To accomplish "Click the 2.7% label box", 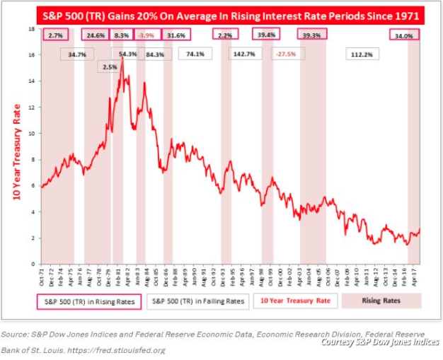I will (x=57, y=35).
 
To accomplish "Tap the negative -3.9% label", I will (x=147, y=35).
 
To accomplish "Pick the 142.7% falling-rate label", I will (x=244, y=54).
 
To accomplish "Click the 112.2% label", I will (x=362, y=54).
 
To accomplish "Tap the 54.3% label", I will (x=128, y=54).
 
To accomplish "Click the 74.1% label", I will (x=195, y=54).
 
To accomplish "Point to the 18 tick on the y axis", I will (x=32, y=29).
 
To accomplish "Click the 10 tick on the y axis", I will (x=32, y=134).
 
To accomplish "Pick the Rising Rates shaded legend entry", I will (x=382, y=301).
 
